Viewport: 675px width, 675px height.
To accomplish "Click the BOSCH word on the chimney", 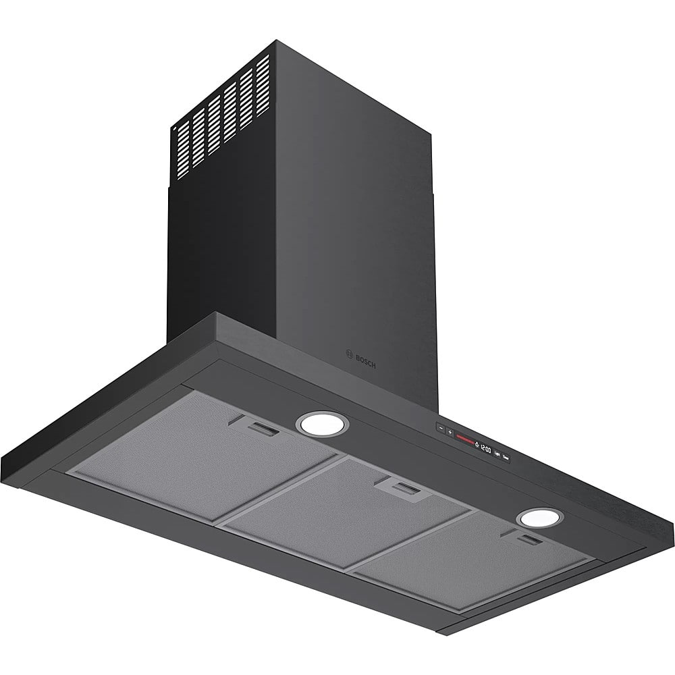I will (x=364, y=360).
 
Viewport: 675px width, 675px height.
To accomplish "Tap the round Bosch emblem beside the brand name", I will (x=349, y=353).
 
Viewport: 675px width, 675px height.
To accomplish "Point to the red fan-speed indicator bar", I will (x=465, y=439).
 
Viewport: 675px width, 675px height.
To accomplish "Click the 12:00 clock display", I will (x=485, y=448).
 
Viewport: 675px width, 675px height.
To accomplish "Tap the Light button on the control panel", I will (x=497, y=453).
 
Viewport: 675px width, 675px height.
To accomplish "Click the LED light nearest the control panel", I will (x=539, y=518).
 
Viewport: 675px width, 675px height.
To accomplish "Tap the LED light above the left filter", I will (x=323, y=424).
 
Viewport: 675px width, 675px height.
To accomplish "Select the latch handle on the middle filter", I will (x=404, y=487).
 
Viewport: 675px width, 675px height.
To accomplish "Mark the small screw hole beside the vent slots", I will (x=172, y=126).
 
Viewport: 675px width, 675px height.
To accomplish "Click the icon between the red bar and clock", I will (x=477, y=444).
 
